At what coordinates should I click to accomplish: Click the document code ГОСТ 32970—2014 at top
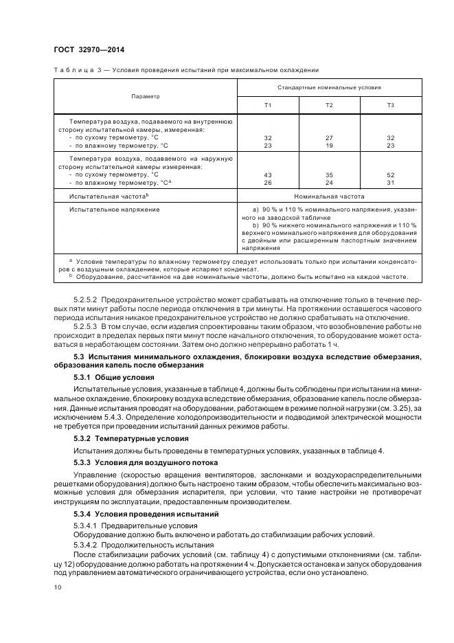pos(89,49)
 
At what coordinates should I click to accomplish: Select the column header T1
pos(268,104)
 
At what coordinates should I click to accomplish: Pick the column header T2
pos(329,104)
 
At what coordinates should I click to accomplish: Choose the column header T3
pos(391,104)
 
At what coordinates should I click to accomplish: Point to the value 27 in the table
pos(329,138)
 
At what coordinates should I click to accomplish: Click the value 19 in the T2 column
pos(329,146)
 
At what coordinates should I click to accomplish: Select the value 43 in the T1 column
pos(268,175)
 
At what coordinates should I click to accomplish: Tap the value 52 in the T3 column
pos(391,175)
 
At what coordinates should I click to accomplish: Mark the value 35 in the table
pos(329,175)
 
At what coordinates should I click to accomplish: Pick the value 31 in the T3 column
pos(391,183)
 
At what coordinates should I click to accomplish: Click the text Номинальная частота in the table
pos(329,196)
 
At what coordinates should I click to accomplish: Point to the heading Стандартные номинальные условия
pos(329,88)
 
